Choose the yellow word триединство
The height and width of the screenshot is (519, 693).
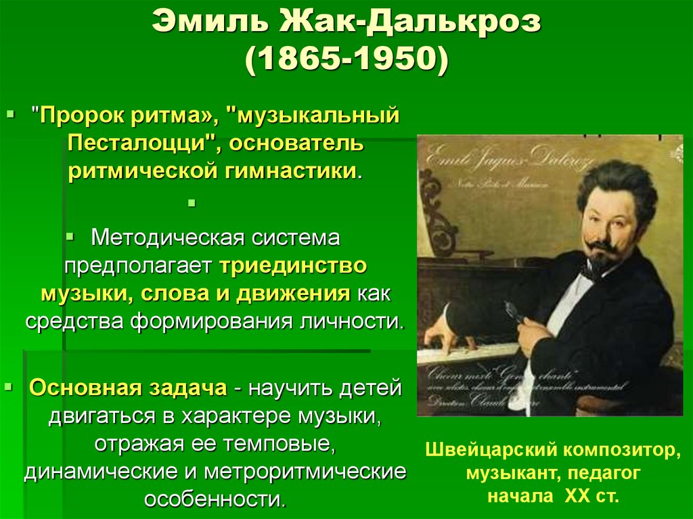292,265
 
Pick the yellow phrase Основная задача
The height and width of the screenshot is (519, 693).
128,388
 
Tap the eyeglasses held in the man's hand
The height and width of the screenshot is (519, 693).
512,312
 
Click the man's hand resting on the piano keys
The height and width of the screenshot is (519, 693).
444,332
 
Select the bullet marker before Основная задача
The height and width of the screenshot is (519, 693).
9,388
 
